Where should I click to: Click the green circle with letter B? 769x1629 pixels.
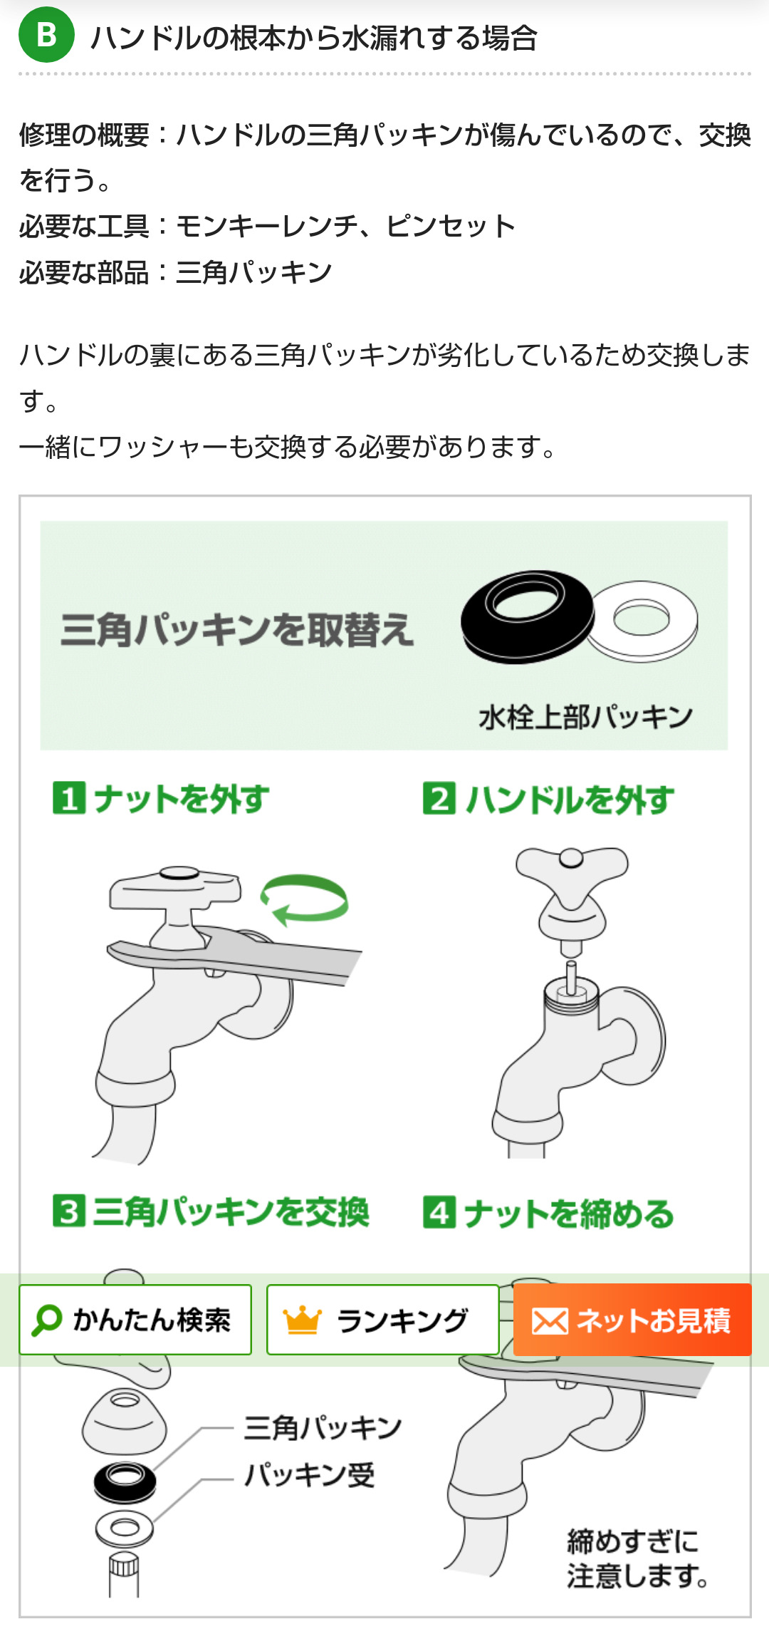click(x=46, y=34)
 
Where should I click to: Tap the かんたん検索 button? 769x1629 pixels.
click(x=135, y=1320)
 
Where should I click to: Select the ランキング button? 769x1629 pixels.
click(x=382, y=1320)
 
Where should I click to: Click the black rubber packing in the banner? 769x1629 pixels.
click(x=527, y=616)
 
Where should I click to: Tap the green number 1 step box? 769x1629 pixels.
click(x=69, y=798)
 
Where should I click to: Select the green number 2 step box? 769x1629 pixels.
click(x=439, y=798)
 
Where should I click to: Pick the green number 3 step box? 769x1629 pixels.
click(x=69, y=1211)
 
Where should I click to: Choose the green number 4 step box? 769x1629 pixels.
click(x=439, y=1211)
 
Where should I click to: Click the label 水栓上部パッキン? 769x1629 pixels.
click(x=585, y=717)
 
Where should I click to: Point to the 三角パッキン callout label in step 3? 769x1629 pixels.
click(x=323, y=1428)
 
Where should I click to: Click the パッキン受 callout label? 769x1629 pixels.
click(x=309, y=1474)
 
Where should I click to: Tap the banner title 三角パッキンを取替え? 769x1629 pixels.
click(x=236, y=630)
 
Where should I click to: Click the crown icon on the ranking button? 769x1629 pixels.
click(x=303, y=1320)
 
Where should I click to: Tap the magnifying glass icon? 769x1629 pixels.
click(x=47, y=1320)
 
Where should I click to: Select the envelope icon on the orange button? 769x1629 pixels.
click(x=550, y=1321)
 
